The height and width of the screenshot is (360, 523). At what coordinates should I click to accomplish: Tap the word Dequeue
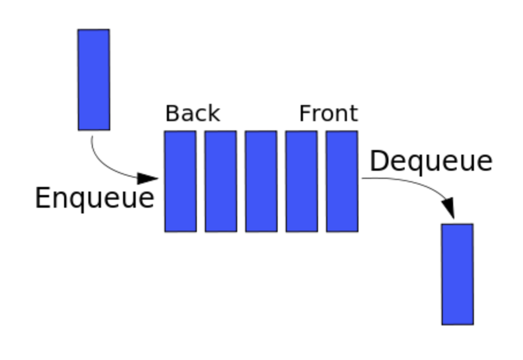click(x=431, y=161)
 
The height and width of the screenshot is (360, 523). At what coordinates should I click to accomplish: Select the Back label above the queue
click(x=192, y=114)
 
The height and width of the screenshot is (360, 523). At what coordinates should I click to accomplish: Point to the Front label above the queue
click(x=328, y=114)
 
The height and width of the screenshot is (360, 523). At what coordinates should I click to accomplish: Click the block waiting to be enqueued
click(x=94, y=80)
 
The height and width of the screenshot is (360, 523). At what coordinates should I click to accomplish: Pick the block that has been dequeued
click(x=457, y=274)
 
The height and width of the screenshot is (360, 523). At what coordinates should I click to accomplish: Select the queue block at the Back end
click(x=180, y=181)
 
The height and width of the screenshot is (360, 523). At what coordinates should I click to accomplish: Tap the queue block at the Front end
click(x=342, y=181)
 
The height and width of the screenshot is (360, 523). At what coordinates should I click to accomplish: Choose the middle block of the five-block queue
click(x=261, y=181)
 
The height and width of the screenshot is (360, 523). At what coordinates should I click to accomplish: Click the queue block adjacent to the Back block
click(x=221, y=181)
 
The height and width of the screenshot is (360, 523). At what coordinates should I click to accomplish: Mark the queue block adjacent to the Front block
click(x=301, y=181)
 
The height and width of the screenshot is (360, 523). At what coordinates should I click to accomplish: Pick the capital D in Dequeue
click(x=378, y=160)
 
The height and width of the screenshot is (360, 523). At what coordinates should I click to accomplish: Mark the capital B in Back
click(x=171, y=114)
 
